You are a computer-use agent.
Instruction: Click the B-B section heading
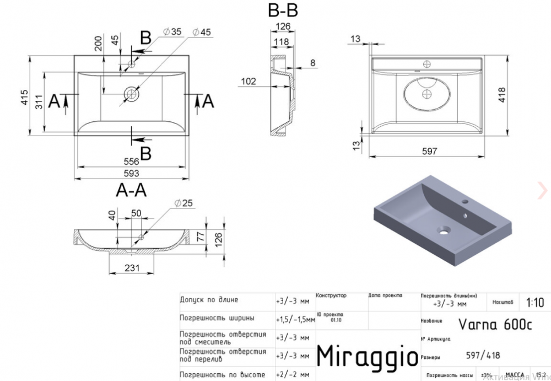click(283, 10)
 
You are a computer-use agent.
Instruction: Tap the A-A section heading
click(131, 190)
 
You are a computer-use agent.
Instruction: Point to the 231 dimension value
click(131, 268)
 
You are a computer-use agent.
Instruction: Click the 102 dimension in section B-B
click(249, 82)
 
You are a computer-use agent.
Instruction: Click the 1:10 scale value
click(534, 302)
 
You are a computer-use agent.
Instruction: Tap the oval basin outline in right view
click(428, 94)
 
